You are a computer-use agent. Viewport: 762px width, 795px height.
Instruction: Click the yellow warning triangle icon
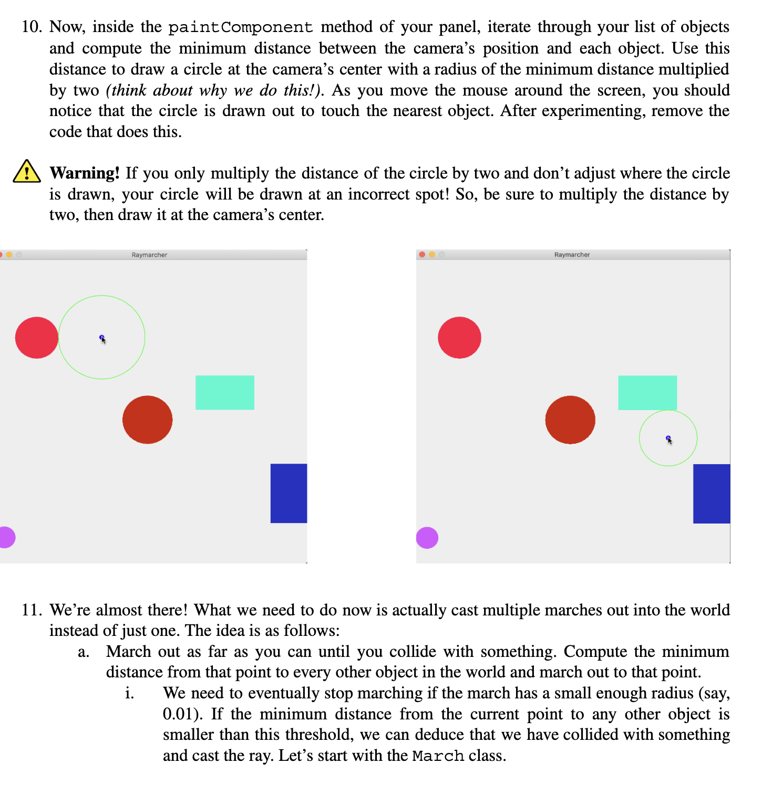(x=26, y=172)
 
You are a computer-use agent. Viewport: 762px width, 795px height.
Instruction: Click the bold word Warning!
(x=85, y=173)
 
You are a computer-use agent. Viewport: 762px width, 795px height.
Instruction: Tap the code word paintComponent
(x=240, y=27)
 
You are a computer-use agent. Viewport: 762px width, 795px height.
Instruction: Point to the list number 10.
(x=32, y=27)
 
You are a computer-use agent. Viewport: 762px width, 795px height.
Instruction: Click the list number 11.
(x=32, y=610)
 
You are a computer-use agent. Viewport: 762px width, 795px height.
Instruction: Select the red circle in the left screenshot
(x=37, y=338)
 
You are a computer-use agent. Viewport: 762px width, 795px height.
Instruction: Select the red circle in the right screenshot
(x=459, y=338)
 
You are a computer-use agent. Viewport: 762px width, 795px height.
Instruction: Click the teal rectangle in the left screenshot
(x=225, y=392)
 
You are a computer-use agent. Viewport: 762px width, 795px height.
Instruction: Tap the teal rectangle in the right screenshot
(x=647, y=392)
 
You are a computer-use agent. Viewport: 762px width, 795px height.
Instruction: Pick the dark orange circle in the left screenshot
(x=148, y=420)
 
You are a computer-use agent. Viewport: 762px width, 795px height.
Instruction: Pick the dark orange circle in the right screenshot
(x=570, y=420)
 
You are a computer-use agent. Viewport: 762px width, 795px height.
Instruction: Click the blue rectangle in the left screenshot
(x=289, y=493)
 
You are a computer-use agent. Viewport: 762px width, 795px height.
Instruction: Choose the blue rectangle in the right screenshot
(x=712, y=494)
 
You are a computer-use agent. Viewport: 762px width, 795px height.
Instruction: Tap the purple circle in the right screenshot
(x=427, y=538)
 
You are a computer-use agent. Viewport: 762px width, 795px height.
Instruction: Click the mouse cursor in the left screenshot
(x=102, y=339)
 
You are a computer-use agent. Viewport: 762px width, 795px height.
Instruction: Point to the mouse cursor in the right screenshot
(x=669, y=440)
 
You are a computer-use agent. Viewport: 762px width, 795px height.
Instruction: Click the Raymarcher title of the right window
(x=572, y=255)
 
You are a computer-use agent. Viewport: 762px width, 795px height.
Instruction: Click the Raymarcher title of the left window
(x=149, y=255)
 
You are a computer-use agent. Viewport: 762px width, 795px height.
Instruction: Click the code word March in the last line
(x=438, y=756)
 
